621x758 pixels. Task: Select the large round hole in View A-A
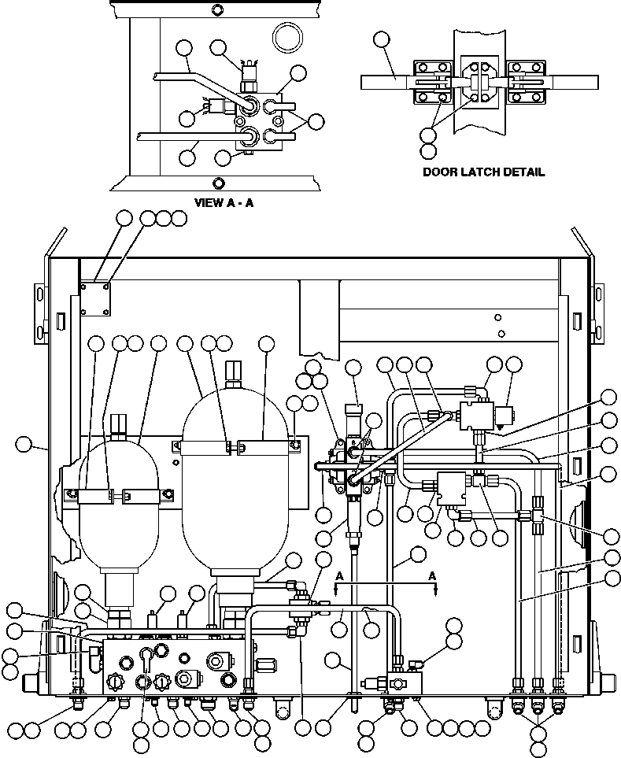coord(286,36)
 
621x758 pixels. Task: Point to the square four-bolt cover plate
coord(95,298)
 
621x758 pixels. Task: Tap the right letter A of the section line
coord(432,575)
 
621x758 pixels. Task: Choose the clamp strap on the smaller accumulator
coord(118,495)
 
